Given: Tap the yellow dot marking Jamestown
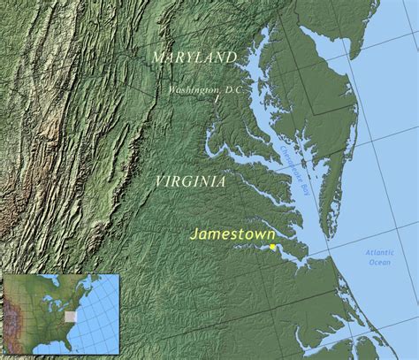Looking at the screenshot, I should [273, 247].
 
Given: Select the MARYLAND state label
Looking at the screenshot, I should [194, 57].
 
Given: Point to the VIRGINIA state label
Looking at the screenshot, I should [189, 180].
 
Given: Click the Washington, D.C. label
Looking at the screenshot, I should [206, 89].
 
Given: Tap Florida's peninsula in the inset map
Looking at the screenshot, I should [70, 348].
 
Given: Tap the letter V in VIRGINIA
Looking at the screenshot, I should [159, 180].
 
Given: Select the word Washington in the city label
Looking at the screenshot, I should [193, 89].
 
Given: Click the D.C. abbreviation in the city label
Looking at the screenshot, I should [232, 89].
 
